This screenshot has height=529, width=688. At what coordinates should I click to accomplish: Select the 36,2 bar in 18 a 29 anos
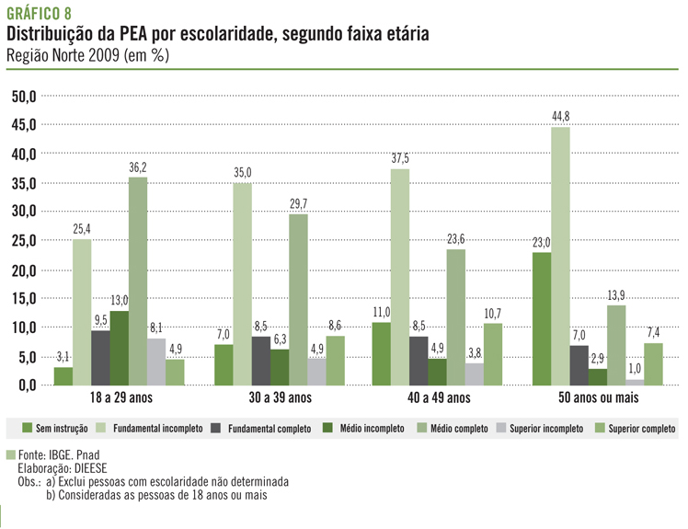[x=138, y=281]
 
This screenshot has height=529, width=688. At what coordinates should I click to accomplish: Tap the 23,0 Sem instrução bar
[x=541, y=318]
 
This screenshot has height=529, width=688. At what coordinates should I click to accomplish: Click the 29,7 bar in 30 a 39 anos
[x=297, y=299]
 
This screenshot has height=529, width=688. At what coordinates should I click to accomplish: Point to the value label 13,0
[x=120, y=301]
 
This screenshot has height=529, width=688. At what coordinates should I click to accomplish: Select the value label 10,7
[x=493, y=314]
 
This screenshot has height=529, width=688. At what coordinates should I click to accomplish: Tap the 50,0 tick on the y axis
[x=23, y=96]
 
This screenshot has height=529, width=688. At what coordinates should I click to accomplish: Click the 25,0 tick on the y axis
[x=23, y=240]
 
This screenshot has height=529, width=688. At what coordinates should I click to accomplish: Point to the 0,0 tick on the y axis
[x=23, y=385]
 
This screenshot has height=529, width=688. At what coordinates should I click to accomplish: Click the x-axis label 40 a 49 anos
[x=437, y=398]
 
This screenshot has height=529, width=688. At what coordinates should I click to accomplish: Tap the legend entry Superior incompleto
[x=539, y=429]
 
